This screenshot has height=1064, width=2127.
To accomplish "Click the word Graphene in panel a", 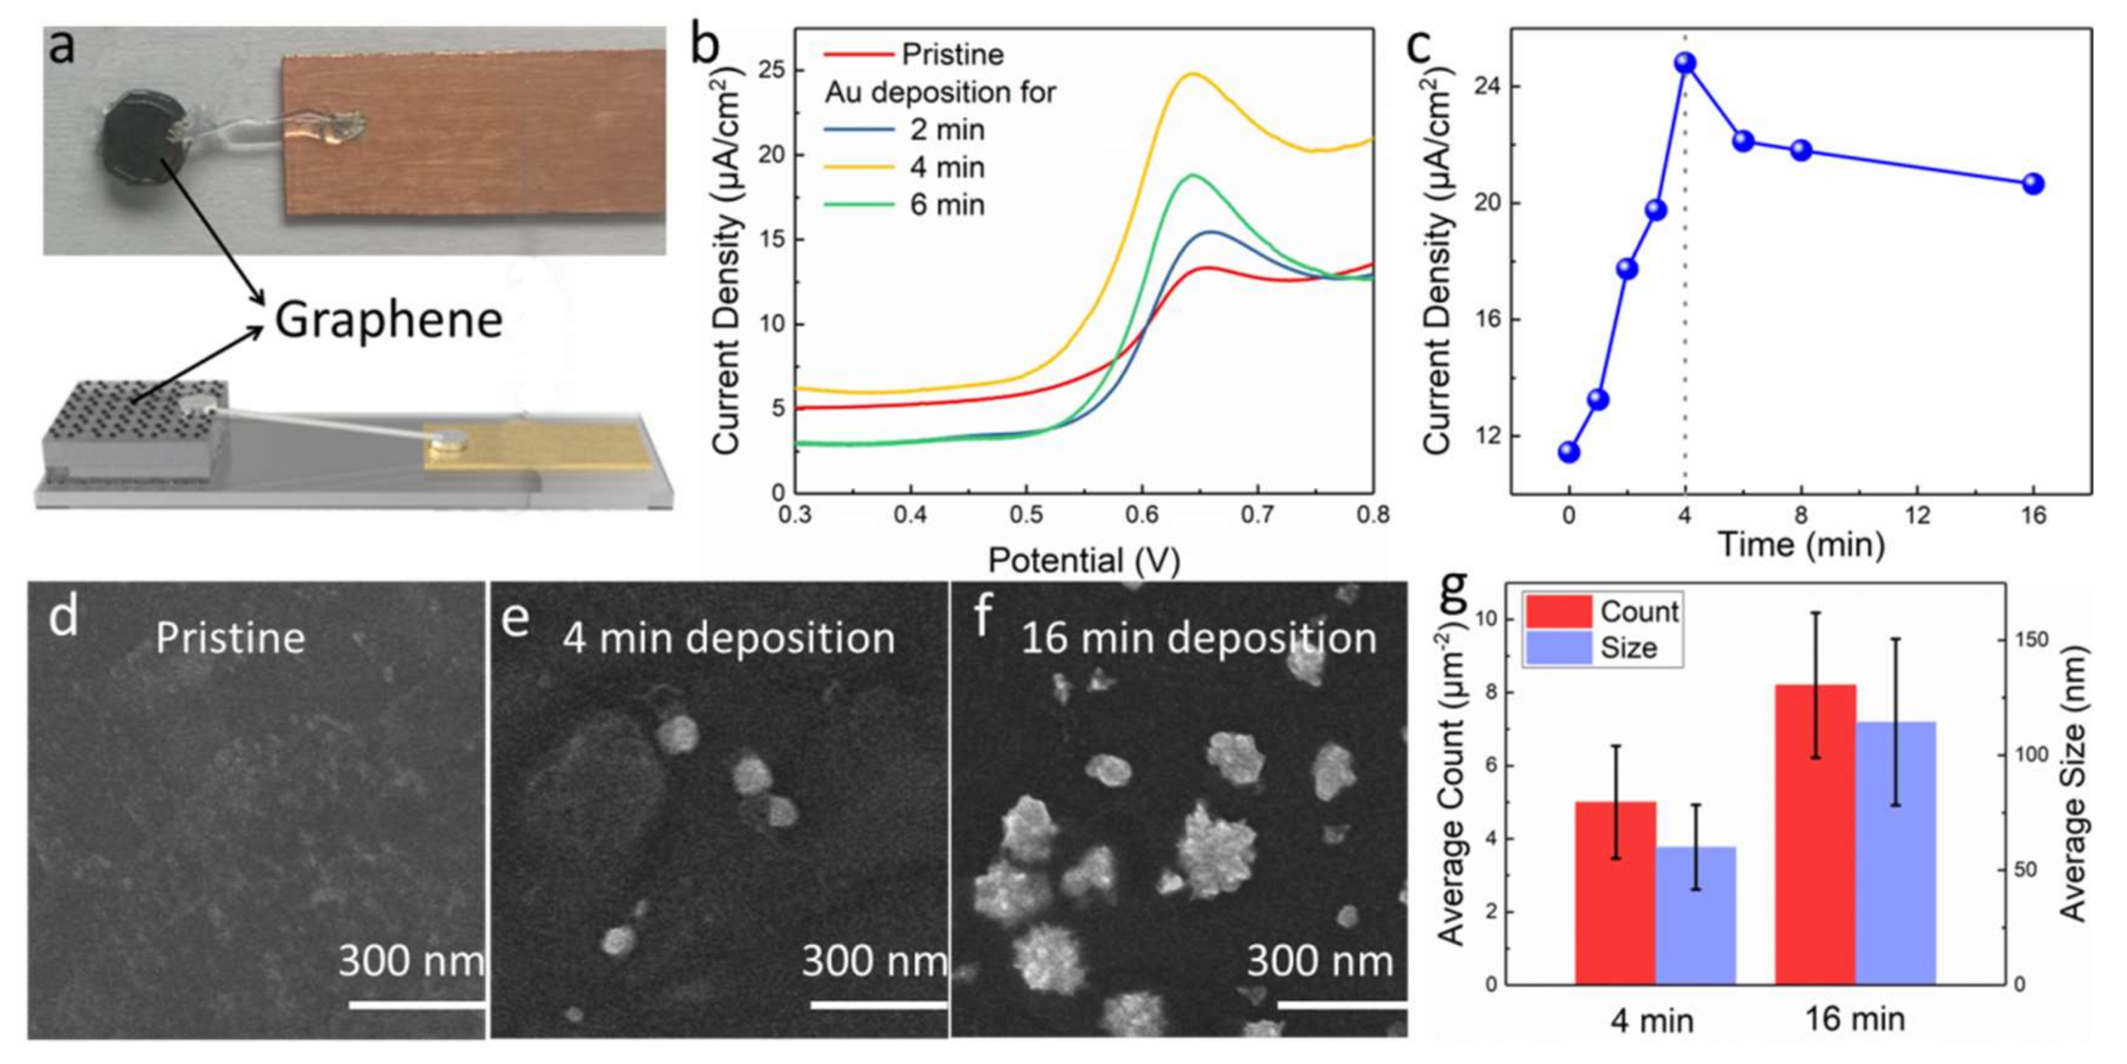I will pyautogui.click(x=388, y=321).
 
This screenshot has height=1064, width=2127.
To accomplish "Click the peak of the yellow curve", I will pyautogui.click(x=1191, y=74).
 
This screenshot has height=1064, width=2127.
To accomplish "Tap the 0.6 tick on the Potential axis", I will pyautogui.click(x=1142, y=515).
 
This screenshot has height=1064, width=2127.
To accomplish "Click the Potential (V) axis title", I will pyautogui.click(x=1083, y=560).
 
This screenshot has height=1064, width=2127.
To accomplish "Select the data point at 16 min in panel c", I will pyautogui.click(x=2033, y=183).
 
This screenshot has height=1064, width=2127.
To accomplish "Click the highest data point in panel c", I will pyautogui.click(x=1686, y=63).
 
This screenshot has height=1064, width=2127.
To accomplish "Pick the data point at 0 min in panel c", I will pyautogui.click(x=1569, y=452).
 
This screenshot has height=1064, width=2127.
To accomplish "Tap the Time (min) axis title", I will pyautogui.click(x=1801, y=545).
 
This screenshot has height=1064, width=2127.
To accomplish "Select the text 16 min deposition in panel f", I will pyautogui.click(x=1198, y=638).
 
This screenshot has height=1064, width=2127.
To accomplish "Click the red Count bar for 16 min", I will pyautogui.click(x=1815, y=833).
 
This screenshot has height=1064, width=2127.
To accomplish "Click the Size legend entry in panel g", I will pyautogui.click(x=1602, y=648).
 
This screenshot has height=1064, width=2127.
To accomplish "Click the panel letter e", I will pyautogui.click(x=515, y=617).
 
